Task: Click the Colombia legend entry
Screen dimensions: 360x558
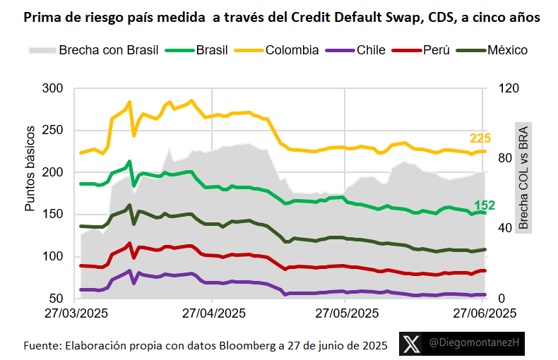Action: [x=292, y=50]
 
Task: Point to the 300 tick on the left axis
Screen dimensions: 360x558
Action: [x=53, y=88]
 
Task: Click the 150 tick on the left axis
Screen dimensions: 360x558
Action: [x=53, y=215]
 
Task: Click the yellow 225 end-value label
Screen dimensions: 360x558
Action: [x=480, y=138]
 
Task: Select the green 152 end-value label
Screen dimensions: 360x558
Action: [x=484, y=205]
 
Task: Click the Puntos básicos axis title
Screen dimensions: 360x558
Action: [x=30, y=170]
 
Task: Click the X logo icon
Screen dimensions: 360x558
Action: [x=411, y=344]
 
